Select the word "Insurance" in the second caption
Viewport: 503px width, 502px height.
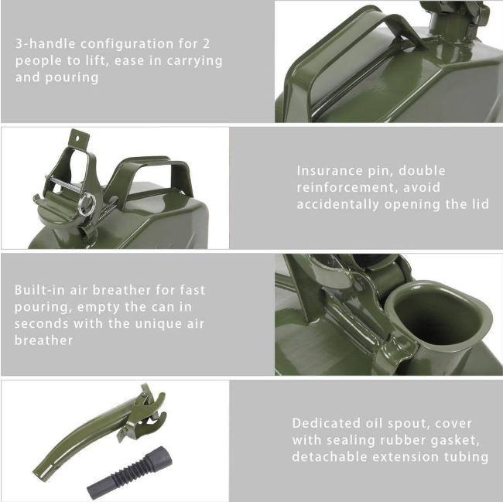(330, 170)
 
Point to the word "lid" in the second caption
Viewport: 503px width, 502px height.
(479, 204)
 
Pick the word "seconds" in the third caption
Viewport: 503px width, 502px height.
(41, 323)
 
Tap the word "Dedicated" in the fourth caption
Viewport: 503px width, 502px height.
(327, 423)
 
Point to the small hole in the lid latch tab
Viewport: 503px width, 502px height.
(77, 138)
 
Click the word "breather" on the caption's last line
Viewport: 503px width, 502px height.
(43, 340)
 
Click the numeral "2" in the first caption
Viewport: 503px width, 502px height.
(206, 44)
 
